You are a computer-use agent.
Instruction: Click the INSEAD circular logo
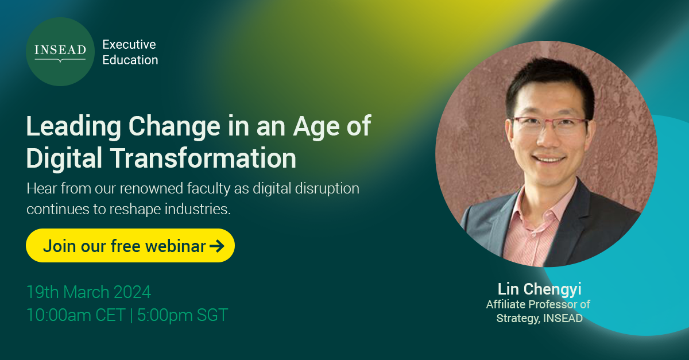click(x=60, y=52)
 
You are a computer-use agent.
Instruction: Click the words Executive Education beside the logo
click(x=130, y=52)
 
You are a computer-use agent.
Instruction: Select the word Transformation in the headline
click(x=207, y=158)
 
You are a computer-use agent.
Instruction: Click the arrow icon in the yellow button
click(x=217, y=246)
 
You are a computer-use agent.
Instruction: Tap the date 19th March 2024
click(x=88, y=292)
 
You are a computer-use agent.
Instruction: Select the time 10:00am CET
click(x=75, y=315)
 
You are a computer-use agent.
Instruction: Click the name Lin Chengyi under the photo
click(x=539, y=289)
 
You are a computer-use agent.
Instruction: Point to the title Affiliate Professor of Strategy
click(x=539, y=311)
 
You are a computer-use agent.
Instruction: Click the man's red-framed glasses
click(x=548, y=125)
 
